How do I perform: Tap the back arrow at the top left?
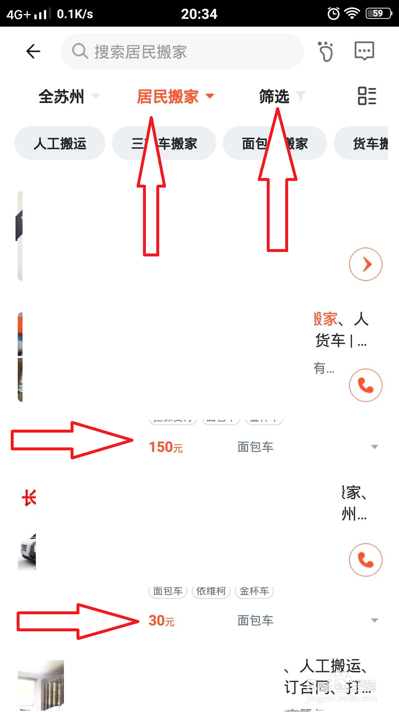click(x=33, y=51)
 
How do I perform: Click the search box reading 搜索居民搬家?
click(x=182, y=51)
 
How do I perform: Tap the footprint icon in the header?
click(x=325, y=51)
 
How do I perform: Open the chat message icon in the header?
click(x=364, y=51)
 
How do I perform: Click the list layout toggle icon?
click(x=367, y=96)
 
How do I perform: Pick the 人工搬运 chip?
click(x=60, y=143)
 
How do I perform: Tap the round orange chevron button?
click(x=365, y=264)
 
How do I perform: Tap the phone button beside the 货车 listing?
click(x=365, y=385)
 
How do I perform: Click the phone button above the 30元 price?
click(x=365, y=560)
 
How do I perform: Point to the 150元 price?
click(x=166, y=447)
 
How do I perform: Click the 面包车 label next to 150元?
click(x=255, y=447)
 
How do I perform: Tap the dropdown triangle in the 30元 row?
click(x=374, y=621)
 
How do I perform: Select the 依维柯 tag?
click(x=211, y=591)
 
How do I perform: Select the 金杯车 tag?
click(x=254, y=591)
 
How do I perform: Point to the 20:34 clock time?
click(x=199, y=14)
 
